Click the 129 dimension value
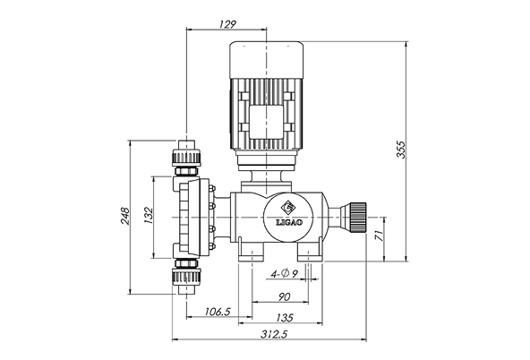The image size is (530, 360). [x=227, y=24]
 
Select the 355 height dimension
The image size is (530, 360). [x=400, y=149]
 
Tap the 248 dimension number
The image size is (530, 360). [x=124, y=216]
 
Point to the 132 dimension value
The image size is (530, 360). [x=149, y=216]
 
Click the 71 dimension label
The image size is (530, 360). [x=380, y=236]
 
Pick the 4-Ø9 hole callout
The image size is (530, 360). [x=285, y=273]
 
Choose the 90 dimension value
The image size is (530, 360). [x=285, y=296]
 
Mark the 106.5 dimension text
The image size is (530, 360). [x=218, y=312]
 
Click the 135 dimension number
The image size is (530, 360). [x=285, y=318]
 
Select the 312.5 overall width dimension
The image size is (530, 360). [x=273, y=334]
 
